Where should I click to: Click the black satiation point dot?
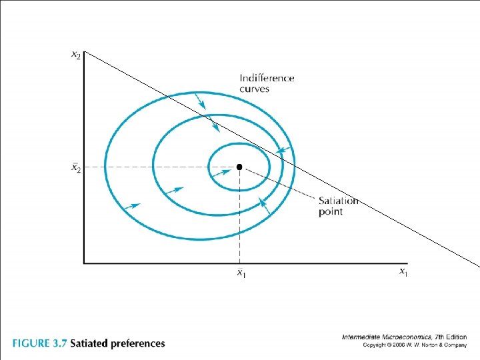point(239,166)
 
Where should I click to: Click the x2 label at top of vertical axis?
point(77,55)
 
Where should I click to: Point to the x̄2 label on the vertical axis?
point(77,167)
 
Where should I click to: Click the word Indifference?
point(267,78)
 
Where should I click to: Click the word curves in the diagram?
point(255,89)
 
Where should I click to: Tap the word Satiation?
point(338,201)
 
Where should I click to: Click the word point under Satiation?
point(331,212)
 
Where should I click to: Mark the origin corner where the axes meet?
point(84,263)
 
